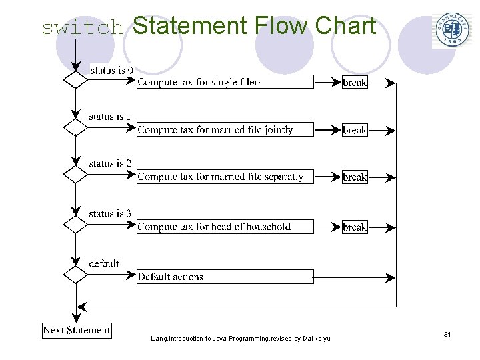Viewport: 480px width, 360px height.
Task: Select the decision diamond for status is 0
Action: point(75,80)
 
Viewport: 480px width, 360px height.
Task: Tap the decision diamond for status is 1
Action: point(75,127)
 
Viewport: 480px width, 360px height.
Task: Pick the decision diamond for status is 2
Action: point(75,175)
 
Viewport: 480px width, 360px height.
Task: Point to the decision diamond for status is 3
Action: point(75,224)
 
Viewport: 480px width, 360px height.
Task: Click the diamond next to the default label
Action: point(75,273)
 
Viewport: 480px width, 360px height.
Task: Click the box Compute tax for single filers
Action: point(225,82)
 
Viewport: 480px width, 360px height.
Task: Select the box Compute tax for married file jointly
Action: point(225,130)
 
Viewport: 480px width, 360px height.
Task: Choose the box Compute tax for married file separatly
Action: point(225,177)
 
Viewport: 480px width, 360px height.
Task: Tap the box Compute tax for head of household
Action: point(225,227)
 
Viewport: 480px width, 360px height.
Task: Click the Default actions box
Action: point(225,277)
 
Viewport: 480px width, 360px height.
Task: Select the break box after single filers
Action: point(355,83)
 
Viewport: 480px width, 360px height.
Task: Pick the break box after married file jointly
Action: point(355,130)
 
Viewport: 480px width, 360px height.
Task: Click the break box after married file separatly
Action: point(355,177)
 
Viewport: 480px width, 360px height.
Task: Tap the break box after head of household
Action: point(355,227)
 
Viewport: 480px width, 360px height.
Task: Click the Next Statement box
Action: point(77,330)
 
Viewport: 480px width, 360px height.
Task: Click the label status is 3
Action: point(110,213)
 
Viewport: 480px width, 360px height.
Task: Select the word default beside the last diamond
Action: point(104,263)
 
